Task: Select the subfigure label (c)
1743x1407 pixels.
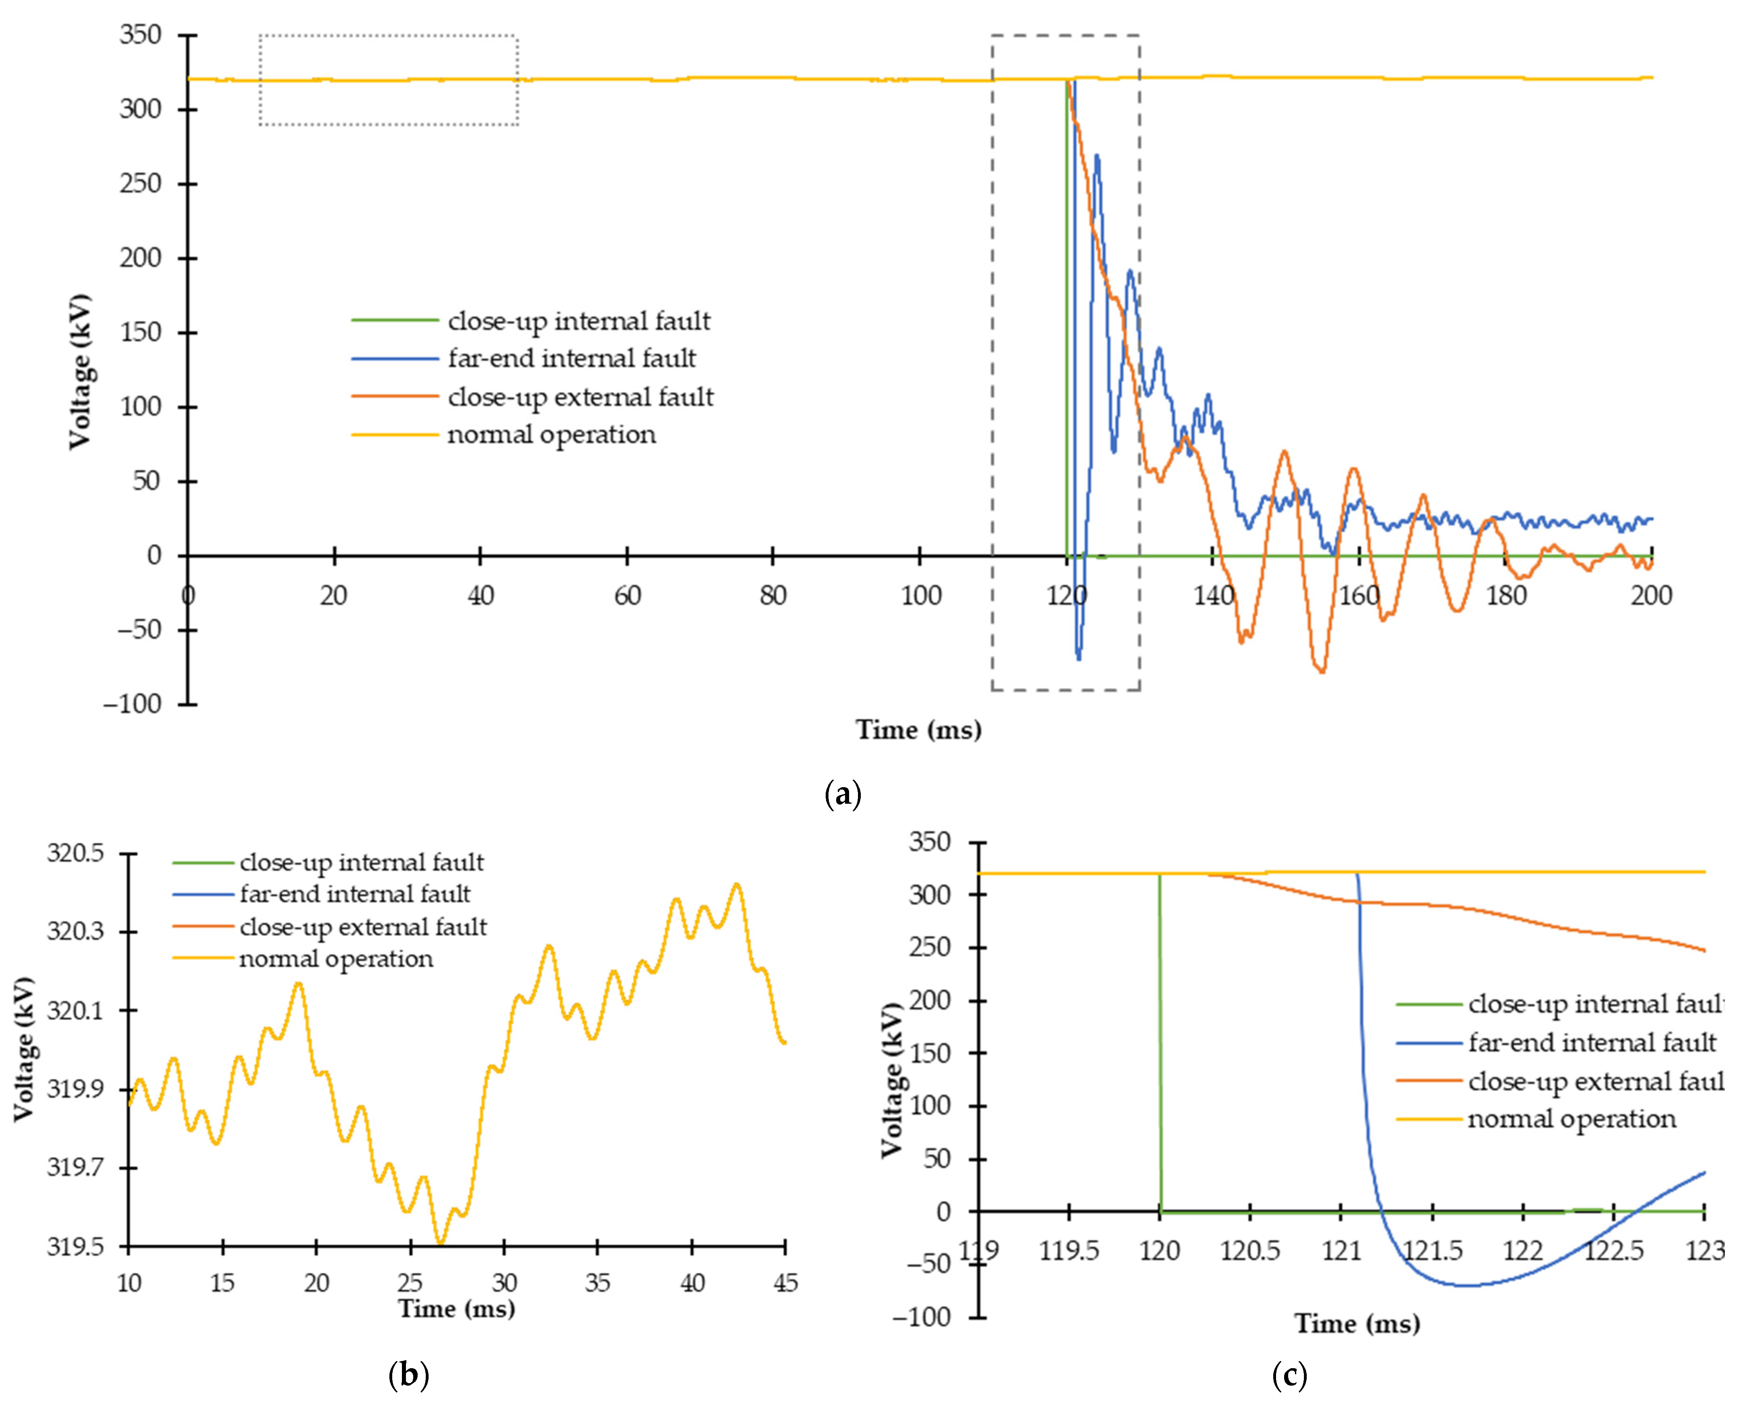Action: tap(1289, 1375)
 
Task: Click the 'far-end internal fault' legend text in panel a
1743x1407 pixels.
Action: tap(571, 358)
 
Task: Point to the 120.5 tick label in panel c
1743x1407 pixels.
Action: tap(1250, 1251)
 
